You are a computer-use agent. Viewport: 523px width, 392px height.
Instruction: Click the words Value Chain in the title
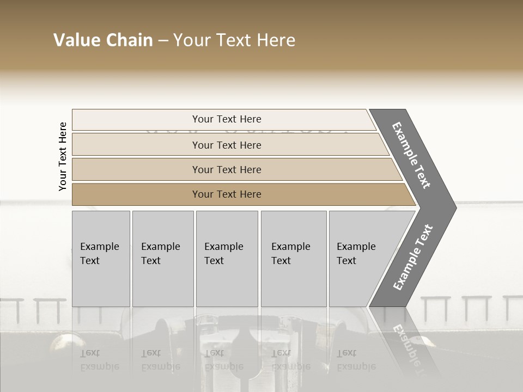coord(103,40)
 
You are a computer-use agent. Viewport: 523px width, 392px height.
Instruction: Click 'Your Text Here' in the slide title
coord(234,40)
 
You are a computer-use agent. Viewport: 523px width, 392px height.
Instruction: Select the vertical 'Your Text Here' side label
coord(63,156)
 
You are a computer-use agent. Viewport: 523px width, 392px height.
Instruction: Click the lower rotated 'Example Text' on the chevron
coord(413,258)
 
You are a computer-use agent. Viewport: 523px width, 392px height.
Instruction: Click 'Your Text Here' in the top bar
coord(227,119)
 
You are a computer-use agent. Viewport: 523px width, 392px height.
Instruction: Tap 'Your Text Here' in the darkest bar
coord(227,194)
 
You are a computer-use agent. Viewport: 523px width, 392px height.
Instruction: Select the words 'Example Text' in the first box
coord(99,254)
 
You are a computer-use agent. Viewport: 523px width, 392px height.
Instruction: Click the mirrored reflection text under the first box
coord(99,360)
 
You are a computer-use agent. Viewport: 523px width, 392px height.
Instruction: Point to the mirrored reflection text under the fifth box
coord(356,360)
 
